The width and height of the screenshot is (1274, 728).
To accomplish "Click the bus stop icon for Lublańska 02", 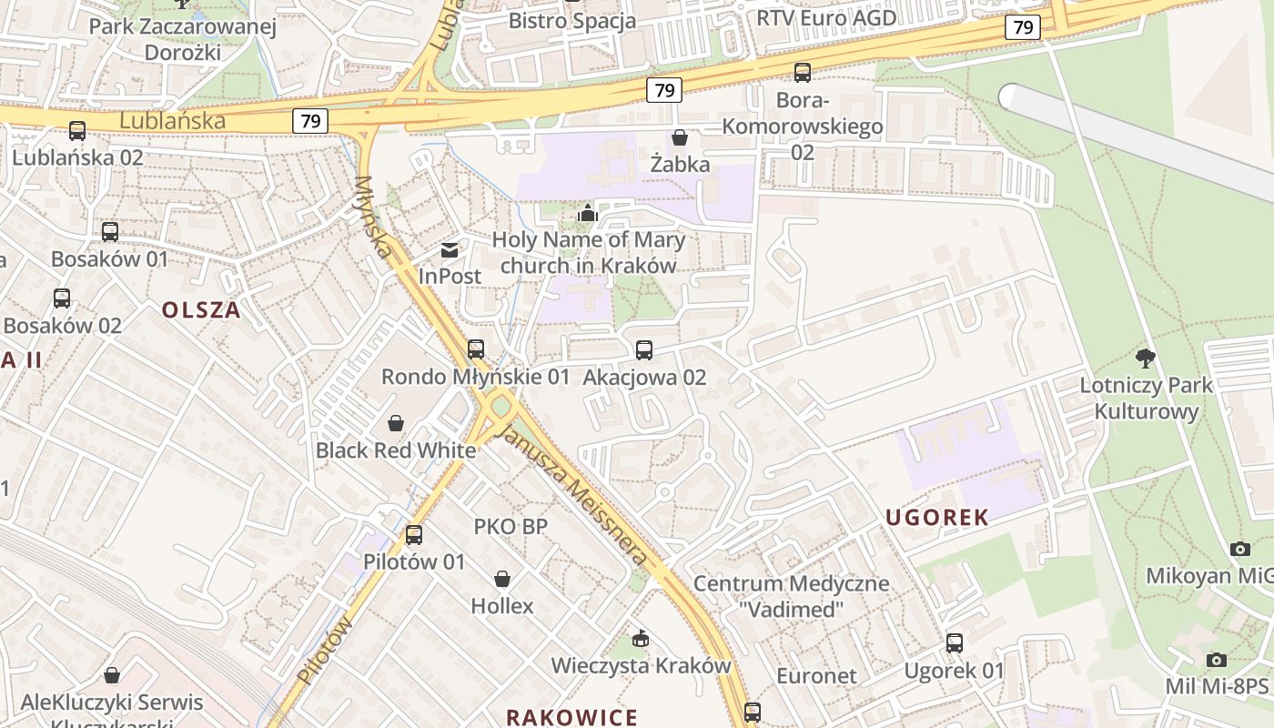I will pyautogui.click(x=77, y=131).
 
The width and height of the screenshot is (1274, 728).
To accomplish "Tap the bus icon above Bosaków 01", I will pyautogui.click(x=110, y=232).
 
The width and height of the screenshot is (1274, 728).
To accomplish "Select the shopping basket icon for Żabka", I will pyautogui.click(x=679, y=138).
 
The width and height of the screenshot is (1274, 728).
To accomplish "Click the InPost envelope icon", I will pyautogui.click(x=450, y=249).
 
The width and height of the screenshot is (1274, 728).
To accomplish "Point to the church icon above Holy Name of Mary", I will pyautogui.click(x=588, y=214).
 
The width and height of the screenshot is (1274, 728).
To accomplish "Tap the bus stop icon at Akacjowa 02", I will pyautogui.click(x=644, y=350).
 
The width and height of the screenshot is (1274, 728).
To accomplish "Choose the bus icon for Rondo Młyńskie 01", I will pyautogui.click(x=475, y=349).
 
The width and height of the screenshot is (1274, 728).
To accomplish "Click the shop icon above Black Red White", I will pyautogui.click(x=396, y=423).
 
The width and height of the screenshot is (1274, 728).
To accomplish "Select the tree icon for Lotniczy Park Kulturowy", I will pyautogui.click(x=1146, y=359).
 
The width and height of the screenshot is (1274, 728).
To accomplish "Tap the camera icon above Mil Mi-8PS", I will pyautogui.click(x=1217, y=660).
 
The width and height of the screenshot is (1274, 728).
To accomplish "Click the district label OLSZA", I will pyautogui.click(x=201, y=310).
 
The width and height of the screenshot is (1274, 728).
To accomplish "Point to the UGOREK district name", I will pyautogui.click(x=937, y=518).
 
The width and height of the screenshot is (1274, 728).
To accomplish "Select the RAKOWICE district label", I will pyautogui.click(x=571, y=717).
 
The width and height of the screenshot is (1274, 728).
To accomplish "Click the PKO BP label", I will pyautogui.click(x=511, y=526).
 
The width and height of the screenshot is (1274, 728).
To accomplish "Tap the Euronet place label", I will pyautogui.click(x=816, y=675).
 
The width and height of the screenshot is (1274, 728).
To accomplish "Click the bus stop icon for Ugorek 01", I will pyautogui.click(x=954, y=643).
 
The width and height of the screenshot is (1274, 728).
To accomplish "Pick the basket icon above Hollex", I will pyautogui.click(x=501, y=579).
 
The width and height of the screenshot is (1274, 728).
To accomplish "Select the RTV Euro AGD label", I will pyautogui.click(x=826, y=17).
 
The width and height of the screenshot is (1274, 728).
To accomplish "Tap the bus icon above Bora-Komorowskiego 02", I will pyautogui.click(x=802, y=73).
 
